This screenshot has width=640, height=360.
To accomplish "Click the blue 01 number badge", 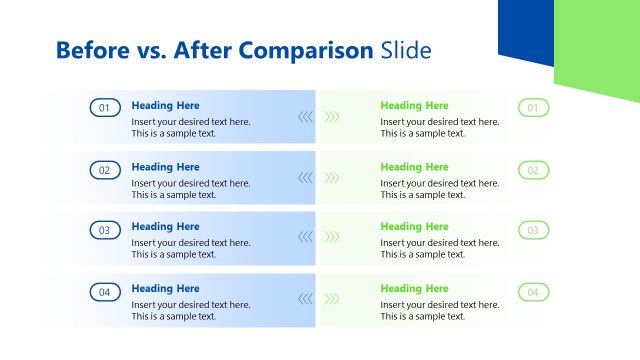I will click(105, 108).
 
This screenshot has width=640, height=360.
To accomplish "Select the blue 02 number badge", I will click(105, 170).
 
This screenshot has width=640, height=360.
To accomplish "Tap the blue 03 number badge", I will click(105, 230).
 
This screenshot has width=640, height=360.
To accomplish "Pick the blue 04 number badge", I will click(105, 292).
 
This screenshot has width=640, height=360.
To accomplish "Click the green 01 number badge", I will click(533, 108).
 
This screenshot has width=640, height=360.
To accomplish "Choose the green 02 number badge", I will click(533, 170).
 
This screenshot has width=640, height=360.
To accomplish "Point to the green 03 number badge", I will click(533, 230).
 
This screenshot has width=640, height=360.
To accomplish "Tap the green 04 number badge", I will click(533, 292).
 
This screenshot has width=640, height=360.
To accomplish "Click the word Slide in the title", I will click(406, 50).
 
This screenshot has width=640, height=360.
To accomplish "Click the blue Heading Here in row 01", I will click(165, 105).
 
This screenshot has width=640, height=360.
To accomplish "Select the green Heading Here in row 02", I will click(414, 167).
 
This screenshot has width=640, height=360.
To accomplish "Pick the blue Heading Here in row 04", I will click(165, 288).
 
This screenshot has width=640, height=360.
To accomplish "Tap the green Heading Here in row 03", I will click(414, 227).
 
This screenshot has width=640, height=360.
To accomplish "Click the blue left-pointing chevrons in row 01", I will click(305, 116).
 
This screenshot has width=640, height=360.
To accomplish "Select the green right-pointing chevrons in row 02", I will click(332, 177).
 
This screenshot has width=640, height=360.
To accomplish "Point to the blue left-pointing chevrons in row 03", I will click(305, 237).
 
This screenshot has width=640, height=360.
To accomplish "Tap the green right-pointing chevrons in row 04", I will click(332, 298).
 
